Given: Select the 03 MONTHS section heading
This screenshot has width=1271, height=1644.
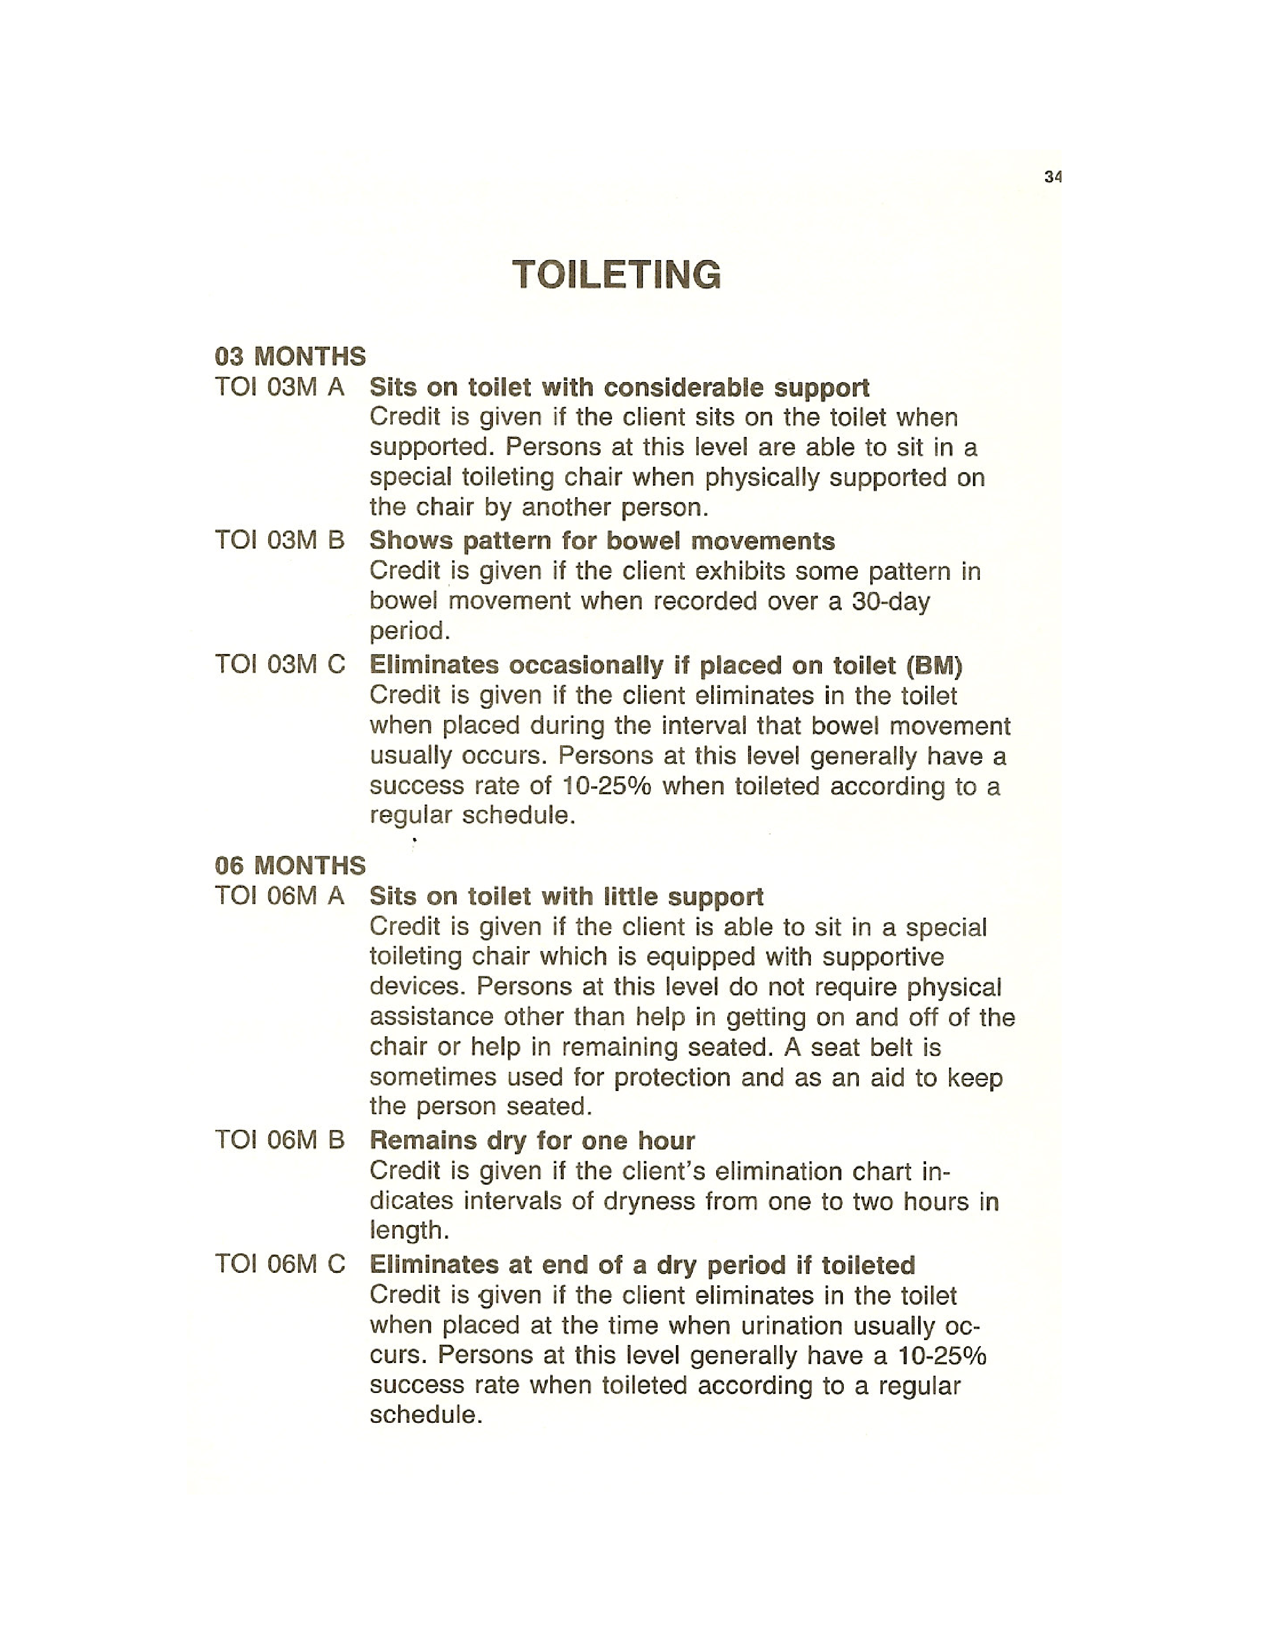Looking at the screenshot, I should pos(290,356).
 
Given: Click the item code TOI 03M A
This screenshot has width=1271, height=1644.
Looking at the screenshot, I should pos(279,387).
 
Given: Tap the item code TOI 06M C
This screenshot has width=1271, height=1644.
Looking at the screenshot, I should pos(279,1264).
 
